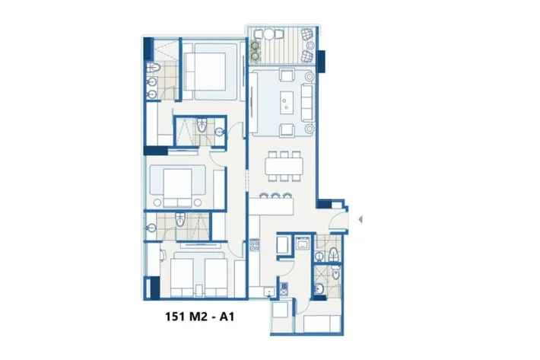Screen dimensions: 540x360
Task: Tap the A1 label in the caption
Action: click(227, 317)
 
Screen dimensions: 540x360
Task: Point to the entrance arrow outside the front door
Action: click(361, 219)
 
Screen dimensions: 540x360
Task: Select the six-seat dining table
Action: click(284, 166)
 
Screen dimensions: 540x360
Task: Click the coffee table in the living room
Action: click(287, 102)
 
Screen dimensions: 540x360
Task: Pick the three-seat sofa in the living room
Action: click(307, 102)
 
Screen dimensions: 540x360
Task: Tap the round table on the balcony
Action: click(268, 34)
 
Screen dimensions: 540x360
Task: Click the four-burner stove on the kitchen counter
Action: click(255, 244)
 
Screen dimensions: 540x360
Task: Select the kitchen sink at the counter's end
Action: click(269, 292)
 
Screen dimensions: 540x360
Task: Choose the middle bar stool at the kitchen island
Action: click(275, 196)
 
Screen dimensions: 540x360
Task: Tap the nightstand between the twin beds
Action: click(199, 291)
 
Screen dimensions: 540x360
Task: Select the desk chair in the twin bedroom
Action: click(163, 256)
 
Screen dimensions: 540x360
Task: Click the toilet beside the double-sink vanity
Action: click(154, 68)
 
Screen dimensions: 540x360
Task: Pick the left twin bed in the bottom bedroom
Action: click(182, 277)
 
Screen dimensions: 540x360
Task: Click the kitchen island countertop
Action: click(272, 206)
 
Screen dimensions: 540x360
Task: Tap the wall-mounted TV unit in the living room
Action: click(253, 103)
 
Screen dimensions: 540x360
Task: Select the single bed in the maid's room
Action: click(322, 323)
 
